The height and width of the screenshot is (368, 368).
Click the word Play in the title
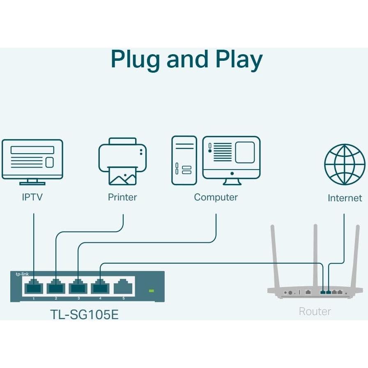239,60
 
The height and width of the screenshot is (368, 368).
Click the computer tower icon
184,160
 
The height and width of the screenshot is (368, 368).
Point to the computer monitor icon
231,161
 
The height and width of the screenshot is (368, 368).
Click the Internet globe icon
344,164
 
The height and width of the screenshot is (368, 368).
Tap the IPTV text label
32,197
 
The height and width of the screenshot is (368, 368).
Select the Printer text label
122,197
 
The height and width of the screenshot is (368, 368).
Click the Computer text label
216,197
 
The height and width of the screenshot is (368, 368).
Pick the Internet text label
345,198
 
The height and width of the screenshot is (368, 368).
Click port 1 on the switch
34,286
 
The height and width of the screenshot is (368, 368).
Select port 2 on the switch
56,286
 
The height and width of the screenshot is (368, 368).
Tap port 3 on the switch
78,286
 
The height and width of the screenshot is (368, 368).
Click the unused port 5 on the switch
123,286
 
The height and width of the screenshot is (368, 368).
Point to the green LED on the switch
151,291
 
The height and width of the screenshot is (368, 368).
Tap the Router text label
315,311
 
